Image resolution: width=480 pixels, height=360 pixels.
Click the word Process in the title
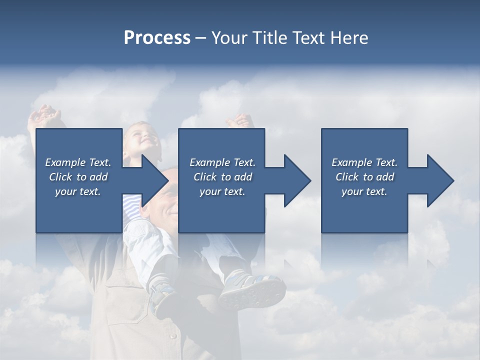(x=157, y=38)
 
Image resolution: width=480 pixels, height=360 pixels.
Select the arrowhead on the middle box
(x=296, y=180)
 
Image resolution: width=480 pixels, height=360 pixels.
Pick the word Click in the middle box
(x=205, y=177)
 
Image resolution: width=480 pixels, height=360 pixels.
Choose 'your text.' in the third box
(x=364, y=191)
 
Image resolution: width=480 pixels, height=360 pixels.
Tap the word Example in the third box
(x=351, y=162)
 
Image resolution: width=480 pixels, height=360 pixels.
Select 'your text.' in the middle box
(x=222, y=191)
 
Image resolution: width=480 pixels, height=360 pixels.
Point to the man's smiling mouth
(x=171, y=212)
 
